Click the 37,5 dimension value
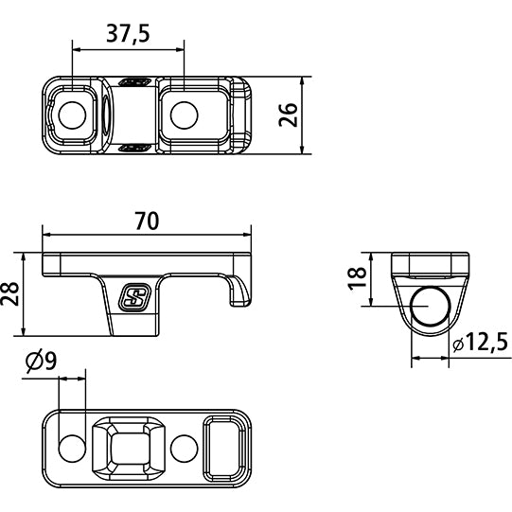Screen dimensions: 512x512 pyautogui.click(x=129, y=35)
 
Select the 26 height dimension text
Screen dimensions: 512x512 pyautogui.click(x=290, y=114)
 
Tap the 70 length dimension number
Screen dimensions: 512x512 pyautogui.click(x=147, y=221)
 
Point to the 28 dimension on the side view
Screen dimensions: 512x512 pyautogui.click(x=10, y=294)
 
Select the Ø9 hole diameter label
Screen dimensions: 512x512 pyautogui.click(x=43, y=361)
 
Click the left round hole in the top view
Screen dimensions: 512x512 pyautogui.click(x=73, y=115)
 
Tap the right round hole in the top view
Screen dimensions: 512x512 pyautogui.click(x=184, y=115)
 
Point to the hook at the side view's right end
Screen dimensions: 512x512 pyautogui.click(x=240, y=290)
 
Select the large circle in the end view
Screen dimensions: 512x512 pyautogui.click(x=431, y=309)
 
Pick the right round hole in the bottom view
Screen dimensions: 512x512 pyautogui.click(x=185, y=447)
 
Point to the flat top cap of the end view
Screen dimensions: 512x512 pyautogui.click(x=431, y=263)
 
